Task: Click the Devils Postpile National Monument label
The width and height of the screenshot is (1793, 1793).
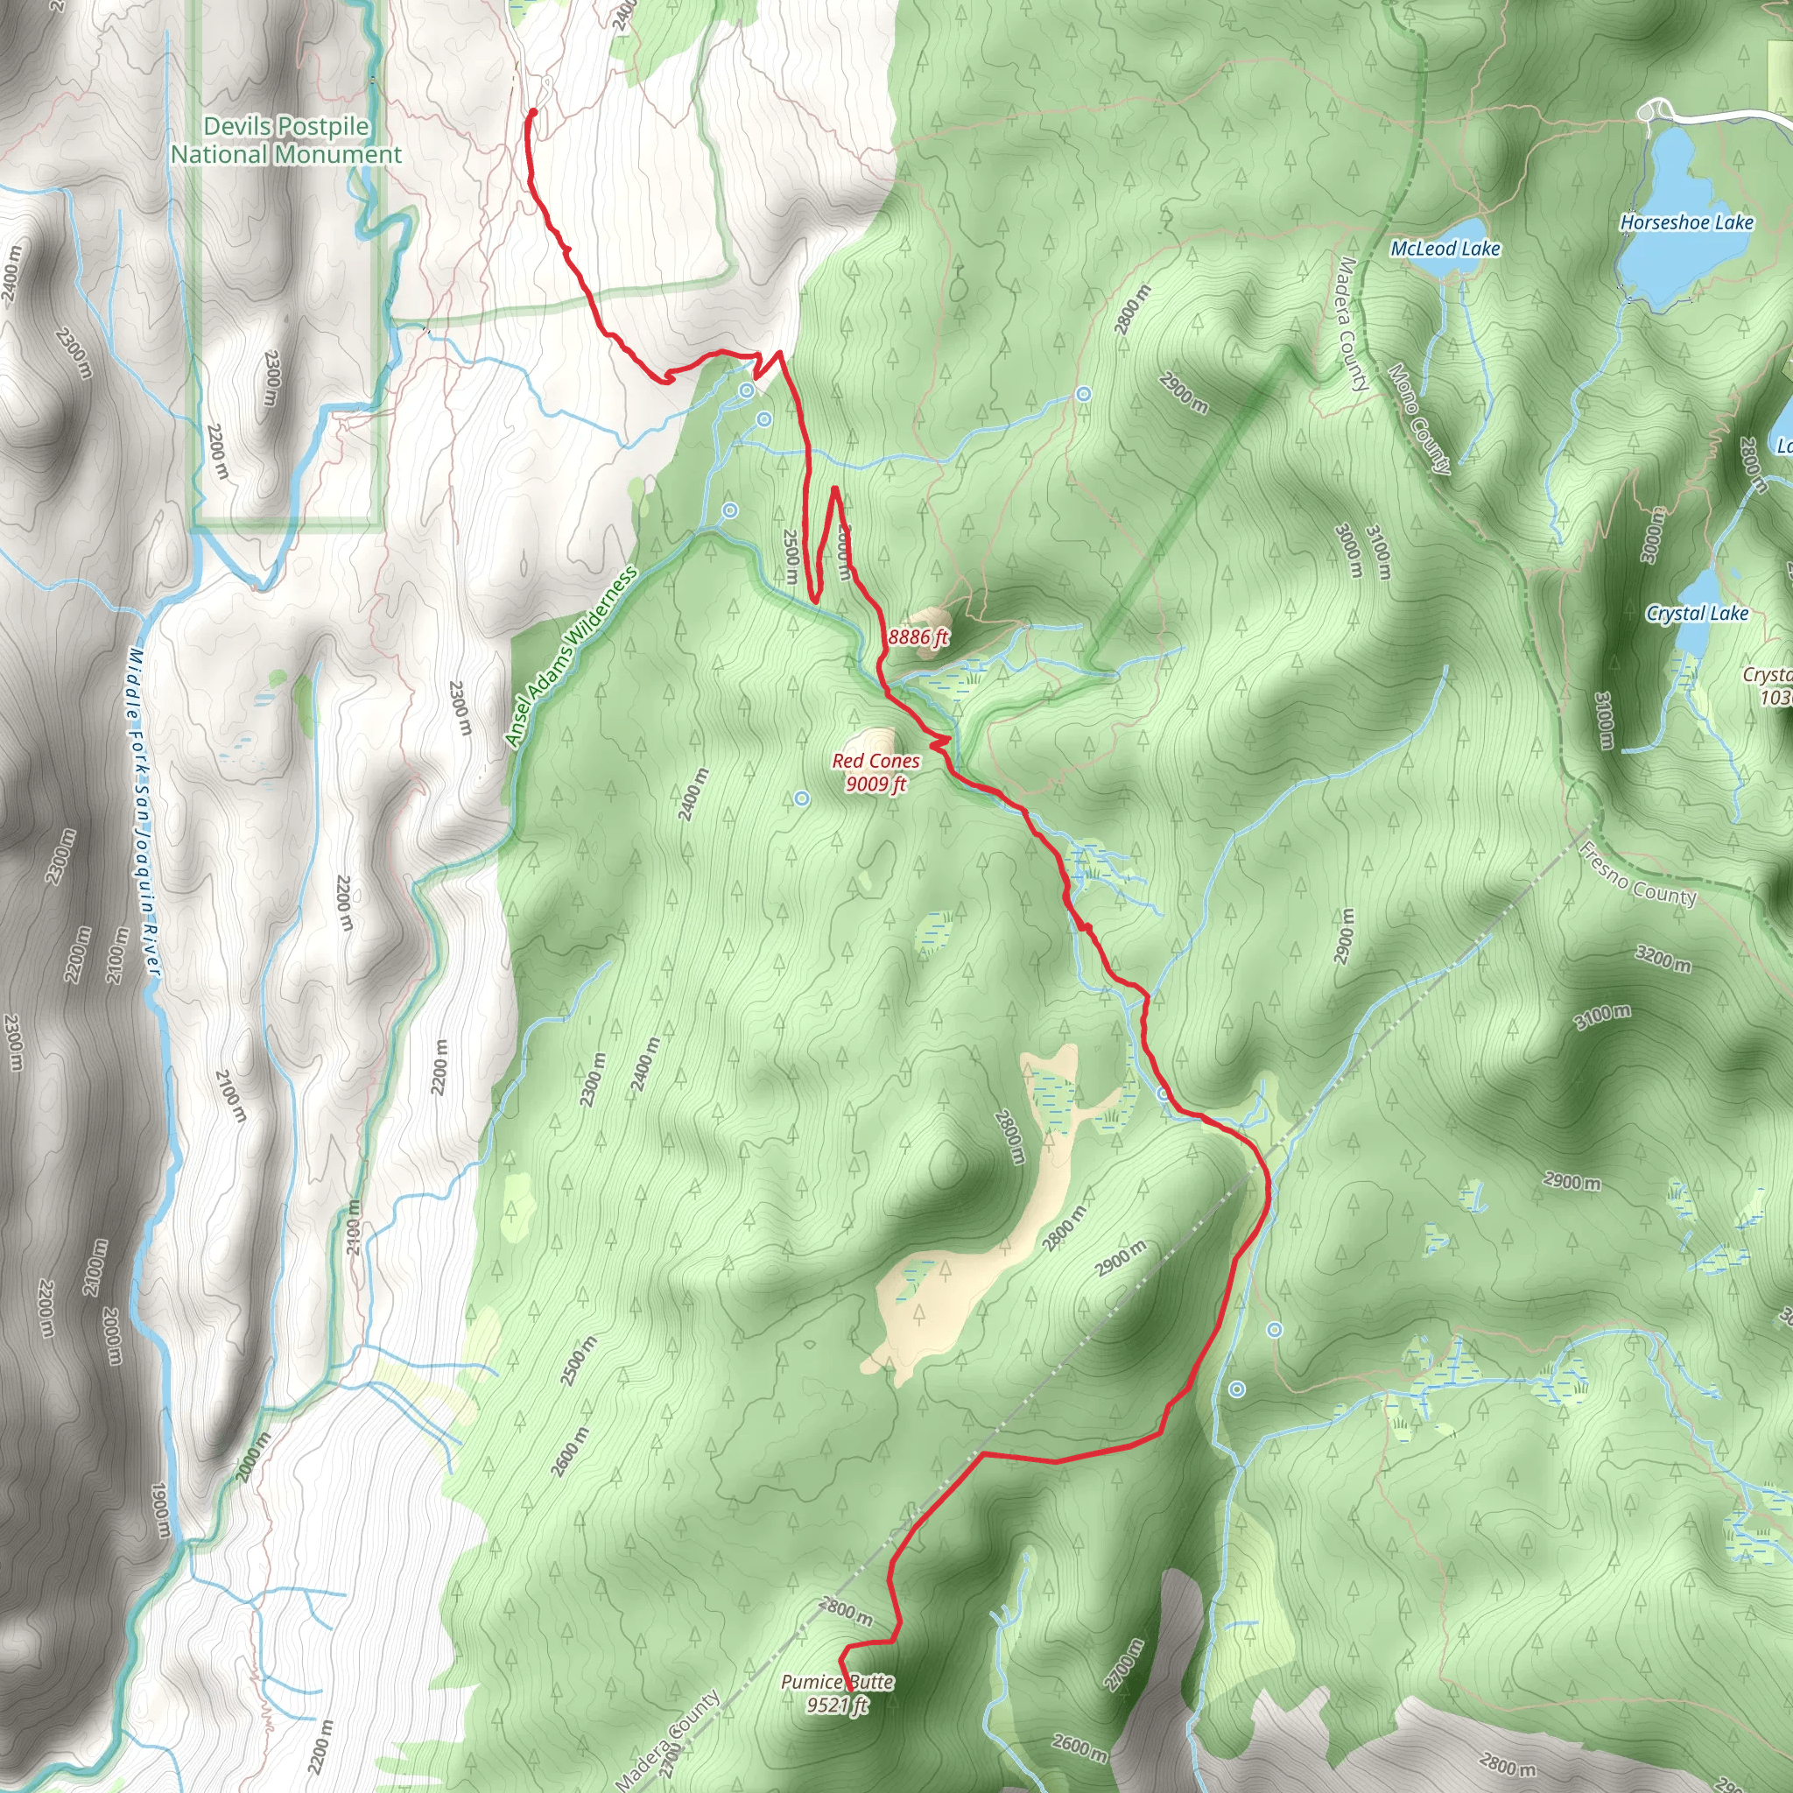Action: [x=285, y=140]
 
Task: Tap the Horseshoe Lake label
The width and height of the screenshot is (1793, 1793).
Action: [x=1686, y=222]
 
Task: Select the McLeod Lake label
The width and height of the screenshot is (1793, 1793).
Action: [x=1445, y=249]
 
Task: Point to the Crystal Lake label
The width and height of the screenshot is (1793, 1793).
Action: [x=1697, y=614]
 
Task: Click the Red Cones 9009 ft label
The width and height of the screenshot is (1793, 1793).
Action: [x=876, y=772]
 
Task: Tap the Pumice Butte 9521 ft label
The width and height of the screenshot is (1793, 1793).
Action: [x=837, y=1693]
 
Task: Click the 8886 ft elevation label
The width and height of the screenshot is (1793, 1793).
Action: [x=918, y=637]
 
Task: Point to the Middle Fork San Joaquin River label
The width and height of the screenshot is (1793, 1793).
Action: [x=144, y=812]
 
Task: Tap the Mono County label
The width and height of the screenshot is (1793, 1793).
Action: [x=1417, y=418]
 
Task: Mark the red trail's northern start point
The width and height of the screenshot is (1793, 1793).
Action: [x=532, y=113]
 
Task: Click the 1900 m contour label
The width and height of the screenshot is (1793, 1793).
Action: [x=158, y=1511]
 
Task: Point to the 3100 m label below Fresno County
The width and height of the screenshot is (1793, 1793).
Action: [x=1603, y=1017]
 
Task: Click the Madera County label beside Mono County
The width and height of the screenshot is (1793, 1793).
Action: [x=1354, y=324]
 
